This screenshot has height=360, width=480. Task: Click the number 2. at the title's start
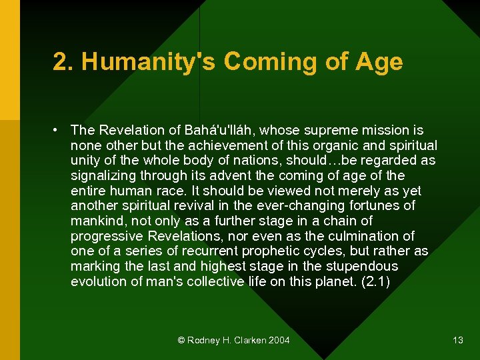63,62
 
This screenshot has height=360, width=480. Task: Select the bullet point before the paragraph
59,130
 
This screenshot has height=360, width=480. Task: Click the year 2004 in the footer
279,341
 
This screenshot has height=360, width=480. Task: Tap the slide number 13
457,341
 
